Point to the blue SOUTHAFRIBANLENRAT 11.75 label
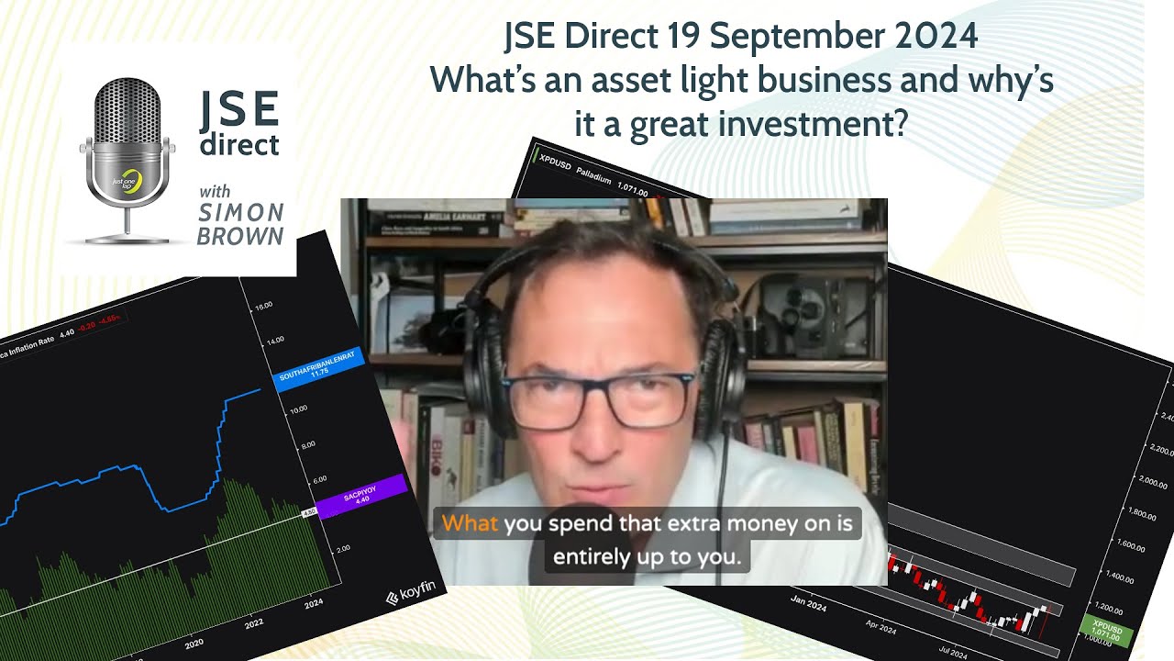(x=318, y=369)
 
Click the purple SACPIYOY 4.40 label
(x=362, y=497)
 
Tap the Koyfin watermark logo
(x=410, y=596)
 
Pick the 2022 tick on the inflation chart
(x=254, y=623)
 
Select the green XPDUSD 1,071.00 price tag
(x=1106, y=632)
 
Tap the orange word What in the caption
(x=469, y=524)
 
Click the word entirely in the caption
(x=588, y=556)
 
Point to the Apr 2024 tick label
(x=880, y=629)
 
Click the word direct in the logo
(x=239, y=145)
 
